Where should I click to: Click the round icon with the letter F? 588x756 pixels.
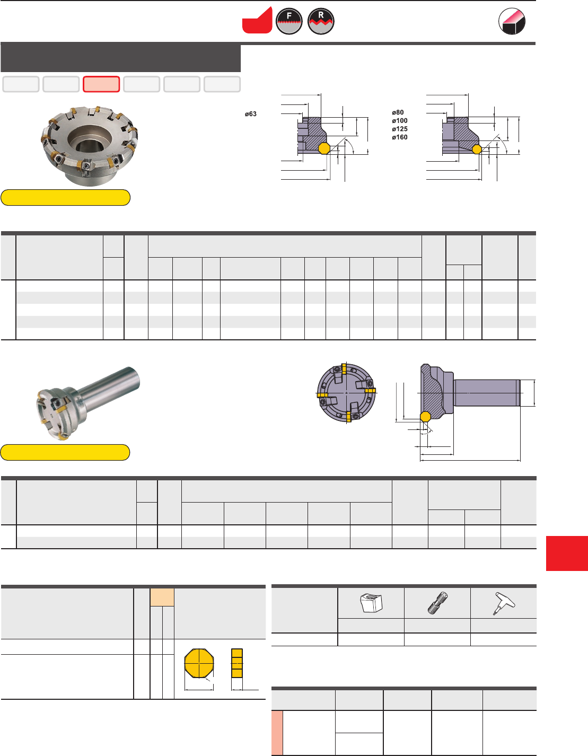point(289,21)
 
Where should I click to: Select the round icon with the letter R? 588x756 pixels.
point(321,21)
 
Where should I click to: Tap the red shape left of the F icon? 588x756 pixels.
point(257,20)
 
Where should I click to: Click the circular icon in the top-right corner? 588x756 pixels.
point(512,21)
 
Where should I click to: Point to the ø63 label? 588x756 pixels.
point(250,114)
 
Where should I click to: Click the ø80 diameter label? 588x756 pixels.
point(398,112)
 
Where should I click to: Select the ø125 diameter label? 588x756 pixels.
point(399,129)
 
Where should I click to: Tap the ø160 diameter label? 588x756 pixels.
point(399,137)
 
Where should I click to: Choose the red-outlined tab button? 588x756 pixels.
point(101,84)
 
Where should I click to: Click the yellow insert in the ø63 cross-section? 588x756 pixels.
point(324,148)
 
